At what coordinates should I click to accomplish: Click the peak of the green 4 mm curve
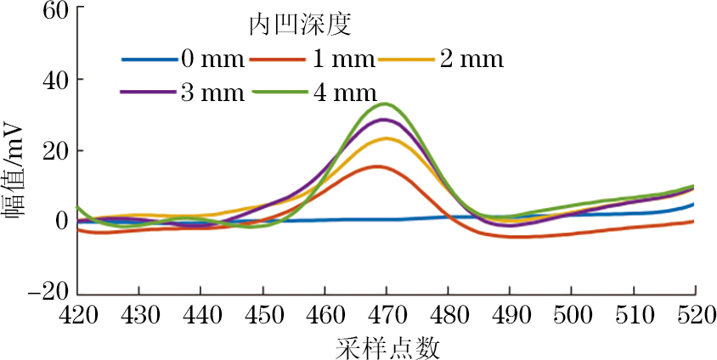click(x=386, y=104)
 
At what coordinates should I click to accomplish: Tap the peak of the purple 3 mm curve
click(x=386, y=120)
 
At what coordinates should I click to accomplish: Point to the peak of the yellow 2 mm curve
click(x=387, y=138)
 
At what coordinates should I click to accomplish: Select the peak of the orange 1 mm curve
click(x=378, y=166)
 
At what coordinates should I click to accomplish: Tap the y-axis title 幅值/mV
click(x=14, y=166)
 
